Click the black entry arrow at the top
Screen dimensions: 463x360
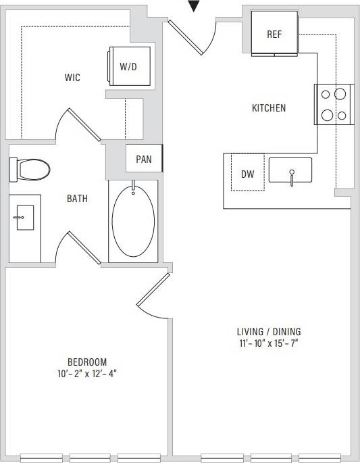click(x=195, y=6)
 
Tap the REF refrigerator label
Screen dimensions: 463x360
click(x=274, y=34)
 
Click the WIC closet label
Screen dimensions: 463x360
click(x=72, y=78)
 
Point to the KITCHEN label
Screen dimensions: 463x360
click(x=269, y=108)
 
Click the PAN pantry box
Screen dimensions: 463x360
click(x=144, y=160)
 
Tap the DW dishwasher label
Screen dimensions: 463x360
click(x=247, y=174)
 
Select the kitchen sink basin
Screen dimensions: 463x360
click(x=290, y=170)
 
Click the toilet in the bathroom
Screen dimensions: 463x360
click(x=31, y=169)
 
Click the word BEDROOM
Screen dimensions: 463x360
click(x=87, y=362)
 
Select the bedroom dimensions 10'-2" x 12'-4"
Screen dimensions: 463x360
click(x=87, y=373)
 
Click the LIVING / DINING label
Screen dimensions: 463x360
click(x=268, y=332)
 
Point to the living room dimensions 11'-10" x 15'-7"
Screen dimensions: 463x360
click(x=268, y=343)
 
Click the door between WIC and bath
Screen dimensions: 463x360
click(x=85, y=125)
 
